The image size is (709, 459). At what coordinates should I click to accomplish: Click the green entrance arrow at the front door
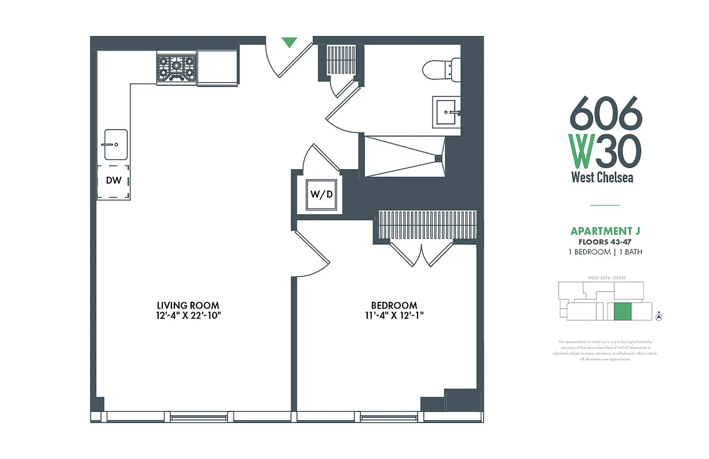pos(290,42)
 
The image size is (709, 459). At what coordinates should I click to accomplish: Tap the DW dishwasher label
pos(114,180)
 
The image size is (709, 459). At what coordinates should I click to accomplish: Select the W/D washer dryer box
pos(322,194)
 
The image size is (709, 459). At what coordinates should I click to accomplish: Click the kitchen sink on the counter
pos(115,145)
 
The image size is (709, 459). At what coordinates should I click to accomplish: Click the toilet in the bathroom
pos(442,69)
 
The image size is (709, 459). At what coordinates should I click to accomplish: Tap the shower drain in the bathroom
pos(438,158)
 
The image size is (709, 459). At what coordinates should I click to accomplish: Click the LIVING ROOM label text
pos(188,305)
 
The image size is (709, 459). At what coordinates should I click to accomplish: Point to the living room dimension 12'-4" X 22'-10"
pos(188,315)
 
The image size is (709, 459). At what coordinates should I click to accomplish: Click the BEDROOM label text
pos(394,305)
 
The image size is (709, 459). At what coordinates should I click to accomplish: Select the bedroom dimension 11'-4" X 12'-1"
pos(394,315)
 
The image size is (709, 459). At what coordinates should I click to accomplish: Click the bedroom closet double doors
pos(422,255)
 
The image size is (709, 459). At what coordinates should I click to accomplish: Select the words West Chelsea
pos(602,177)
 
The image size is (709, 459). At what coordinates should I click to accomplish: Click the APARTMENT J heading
pos(605,231)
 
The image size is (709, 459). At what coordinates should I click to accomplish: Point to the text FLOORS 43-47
pos(605,242)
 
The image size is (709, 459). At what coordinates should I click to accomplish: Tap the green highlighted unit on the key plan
pos(622,312)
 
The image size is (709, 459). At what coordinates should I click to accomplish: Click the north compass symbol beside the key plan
pos(659,316)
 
